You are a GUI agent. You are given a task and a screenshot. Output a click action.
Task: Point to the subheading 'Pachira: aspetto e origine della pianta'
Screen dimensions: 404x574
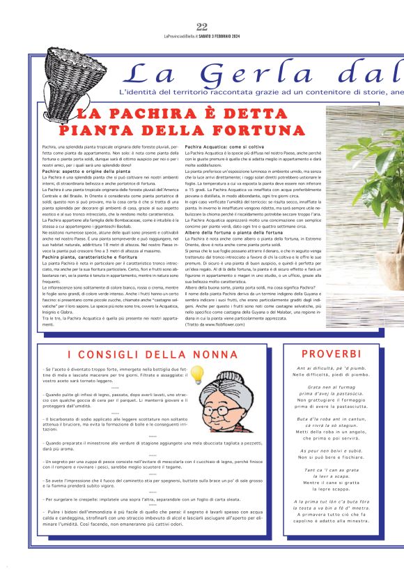pyautogui.click(x=86, y=171)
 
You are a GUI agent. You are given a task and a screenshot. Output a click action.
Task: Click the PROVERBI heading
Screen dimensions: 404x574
pyautogui.click(x=339, y=355)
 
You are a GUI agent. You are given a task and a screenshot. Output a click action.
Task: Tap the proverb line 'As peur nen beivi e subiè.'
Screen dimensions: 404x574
pyautogui.click(x=339, y=451)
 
